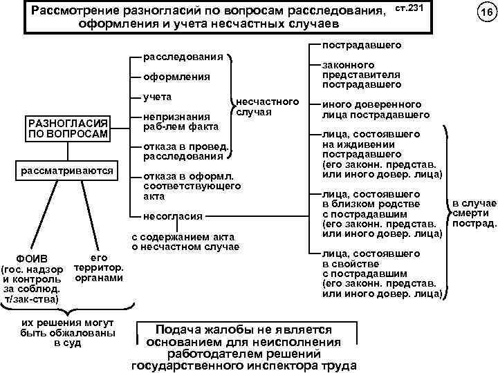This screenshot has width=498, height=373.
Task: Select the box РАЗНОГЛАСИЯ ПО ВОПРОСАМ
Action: [x=66, y=128]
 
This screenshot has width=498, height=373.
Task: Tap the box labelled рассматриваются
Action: [x=66, y=170]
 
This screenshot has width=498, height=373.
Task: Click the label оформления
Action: [x=177, y=77]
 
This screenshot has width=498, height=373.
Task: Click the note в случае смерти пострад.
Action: [x=474, y=213]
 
